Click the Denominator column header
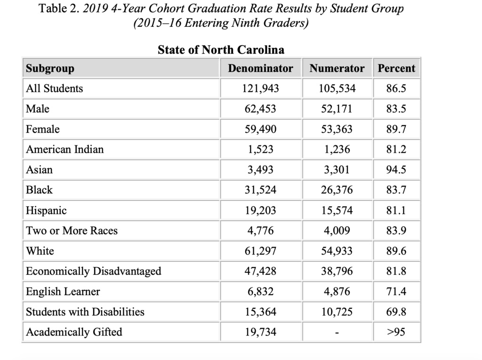[x=260, y=68]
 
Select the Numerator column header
[x=337, y=68]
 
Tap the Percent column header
[x=396, y=68]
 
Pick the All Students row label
[x=55, y=88]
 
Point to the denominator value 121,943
[x=260, y=88]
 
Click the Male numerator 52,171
[x=337, y=109]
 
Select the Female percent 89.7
[x=396, y=129]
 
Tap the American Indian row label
[x=65, y=149]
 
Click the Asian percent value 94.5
[x=396, y=170]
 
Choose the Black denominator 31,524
[x=260, y=190]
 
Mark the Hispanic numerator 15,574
[x=337, y=210]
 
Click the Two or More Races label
[x=72, y=231]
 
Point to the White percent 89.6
[x=396, y=251]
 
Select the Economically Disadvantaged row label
[x=94, y=271]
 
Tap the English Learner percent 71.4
[x=396, y=291]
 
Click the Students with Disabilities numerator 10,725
[x=337, y=312]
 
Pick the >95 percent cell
[x=396, y=332]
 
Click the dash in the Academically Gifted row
[x=337, y=333]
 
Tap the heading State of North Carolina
[x=221, y=49]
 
